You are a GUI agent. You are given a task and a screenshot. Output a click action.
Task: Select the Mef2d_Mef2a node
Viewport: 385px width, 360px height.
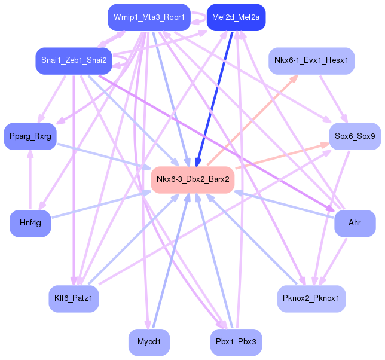(x=236, y=17)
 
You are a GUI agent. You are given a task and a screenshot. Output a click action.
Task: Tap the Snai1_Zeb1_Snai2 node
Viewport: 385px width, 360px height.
(x=74, y=61)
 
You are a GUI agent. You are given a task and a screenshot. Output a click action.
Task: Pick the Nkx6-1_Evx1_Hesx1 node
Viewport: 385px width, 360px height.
(x=311, y=60)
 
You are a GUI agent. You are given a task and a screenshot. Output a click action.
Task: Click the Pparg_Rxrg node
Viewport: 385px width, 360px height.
(x=30, y=136)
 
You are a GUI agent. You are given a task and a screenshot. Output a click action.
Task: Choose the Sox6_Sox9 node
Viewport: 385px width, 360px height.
(x=355, y=136)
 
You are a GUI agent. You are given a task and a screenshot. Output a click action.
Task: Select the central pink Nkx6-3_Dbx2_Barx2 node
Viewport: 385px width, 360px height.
(x=192, y=179)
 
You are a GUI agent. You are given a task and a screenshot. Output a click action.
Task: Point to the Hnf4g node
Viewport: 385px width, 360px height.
(x=30, y=223)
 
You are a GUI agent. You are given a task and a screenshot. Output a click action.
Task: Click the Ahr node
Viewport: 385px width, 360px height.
(x=355, y=223)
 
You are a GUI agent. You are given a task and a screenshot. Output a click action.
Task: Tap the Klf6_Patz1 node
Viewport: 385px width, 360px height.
(x=74, y=297)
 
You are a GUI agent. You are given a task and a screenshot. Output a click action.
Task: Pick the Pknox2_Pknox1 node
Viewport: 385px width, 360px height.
(x=311, y=297)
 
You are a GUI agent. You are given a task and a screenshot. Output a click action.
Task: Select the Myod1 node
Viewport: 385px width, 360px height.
(x=149, y=343)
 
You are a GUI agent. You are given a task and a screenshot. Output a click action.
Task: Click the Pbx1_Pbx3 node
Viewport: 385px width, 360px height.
(x=236, y=343)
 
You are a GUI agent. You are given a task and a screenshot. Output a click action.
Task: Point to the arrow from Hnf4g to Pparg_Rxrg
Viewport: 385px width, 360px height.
(x=30, y=179)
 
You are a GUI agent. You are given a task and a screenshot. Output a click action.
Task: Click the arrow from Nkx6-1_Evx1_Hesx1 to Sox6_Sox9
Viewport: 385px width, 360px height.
(x=334, y=99)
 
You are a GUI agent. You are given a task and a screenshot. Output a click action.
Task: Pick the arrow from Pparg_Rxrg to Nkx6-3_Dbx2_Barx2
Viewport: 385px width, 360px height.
(x=102, y=155)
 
